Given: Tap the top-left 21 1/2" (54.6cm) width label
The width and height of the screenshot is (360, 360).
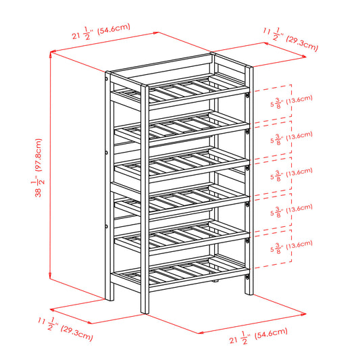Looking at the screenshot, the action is coord(101,32).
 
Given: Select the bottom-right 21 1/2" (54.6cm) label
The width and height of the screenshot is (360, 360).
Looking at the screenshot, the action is coord(258,336).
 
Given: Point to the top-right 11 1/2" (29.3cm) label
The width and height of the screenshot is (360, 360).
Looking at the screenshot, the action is coord(290,39).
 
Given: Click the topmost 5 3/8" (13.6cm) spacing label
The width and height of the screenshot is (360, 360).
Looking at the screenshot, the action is coord(291,102).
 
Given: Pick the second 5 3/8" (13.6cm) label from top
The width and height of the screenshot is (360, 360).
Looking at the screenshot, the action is coord(291,138).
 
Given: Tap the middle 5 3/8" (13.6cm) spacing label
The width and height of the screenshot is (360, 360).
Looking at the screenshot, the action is coord(291,174).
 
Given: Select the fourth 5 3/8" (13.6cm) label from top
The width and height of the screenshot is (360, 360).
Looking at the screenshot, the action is coord(291,211).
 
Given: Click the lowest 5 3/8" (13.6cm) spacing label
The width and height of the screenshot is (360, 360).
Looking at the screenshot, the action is coord(291,247).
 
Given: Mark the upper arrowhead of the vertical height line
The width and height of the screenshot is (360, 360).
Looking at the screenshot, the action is coord(51,55).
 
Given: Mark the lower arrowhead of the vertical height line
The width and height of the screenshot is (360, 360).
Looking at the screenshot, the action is coord(51,276).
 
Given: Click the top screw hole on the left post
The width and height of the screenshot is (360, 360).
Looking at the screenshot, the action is coord(107,79).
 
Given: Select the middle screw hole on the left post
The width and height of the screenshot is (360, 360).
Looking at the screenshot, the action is coord(107,153).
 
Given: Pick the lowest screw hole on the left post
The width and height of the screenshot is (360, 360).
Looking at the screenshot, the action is coord(107,227).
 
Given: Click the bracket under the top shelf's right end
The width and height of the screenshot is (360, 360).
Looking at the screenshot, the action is coord(247,95).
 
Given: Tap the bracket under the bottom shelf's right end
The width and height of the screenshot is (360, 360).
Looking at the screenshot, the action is coord(247,277).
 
